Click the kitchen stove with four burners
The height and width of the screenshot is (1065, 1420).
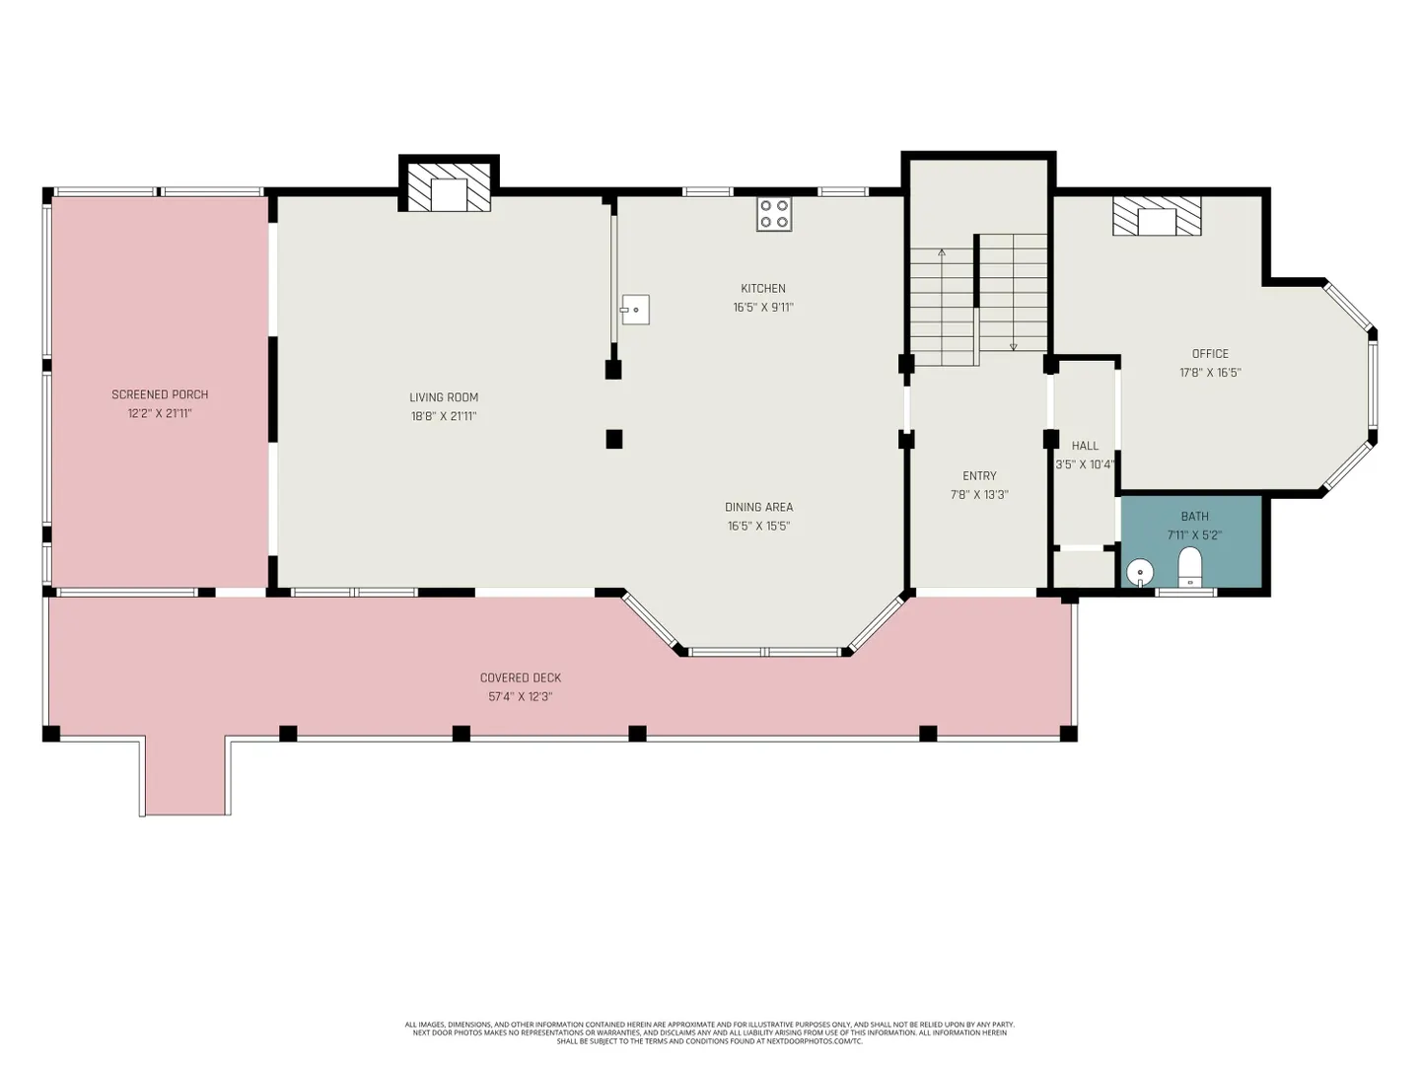click(x=774, y=214)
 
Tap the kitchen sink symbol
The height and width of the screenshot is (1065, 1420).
click(x=635, y=310)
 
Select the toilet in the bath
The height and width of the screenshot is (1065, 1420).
click(x=1189, y=566)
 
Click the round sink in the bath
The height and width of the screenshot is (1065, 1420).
click(x=1140, y=573)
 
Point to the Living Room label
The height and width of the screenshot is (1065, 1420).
click(x=444, y=397)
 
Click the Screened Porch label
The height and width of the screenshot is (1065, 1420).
click(x=160, y=394)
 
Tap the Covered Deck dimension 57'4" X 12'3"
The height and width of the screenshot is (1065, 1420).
click(x=520, y=696)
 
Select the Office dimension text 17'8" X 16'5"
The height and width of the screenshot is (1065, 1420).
click(x=1210, y=373)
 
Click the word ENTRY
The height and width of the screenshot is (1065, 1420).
click(x=979, y=476)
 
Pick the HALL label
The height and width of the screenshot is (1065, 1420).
click(x=1085, y=446)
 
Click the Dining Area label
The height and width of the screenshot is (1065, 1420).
click(x=759, y=507)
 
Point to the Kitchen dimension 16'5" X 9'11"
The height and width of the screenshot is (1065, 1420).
click(x=763, y=307)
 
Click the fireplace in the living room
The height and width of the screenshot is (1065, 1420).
click(x=449, y=186)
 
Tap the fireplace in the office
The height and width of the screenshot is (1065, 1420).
click(x=1157, y=216)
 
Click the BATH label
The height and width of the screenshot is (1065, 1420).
click(x=1195, y=516)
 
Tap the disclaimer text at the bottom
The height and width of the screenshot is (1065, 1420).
click(x=710, y=1032)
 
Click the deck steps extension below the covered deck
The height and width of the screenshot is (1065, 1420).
click(x=185, y=776)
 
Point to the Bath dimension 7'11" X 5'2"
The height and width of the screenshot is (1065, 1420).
click(x=1194, y=534)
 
